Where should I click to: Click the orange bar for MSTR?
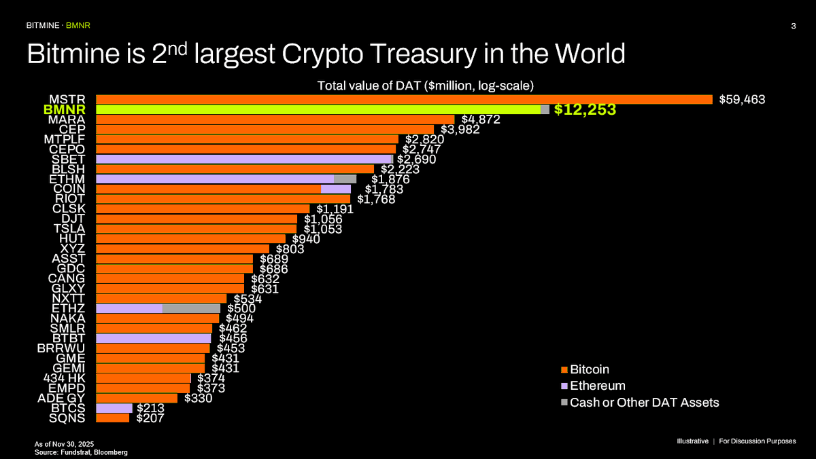pos(404,99)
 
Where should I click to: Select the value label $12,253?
pos(585,109)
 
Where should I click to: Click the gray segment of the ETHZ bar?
pos(191,308)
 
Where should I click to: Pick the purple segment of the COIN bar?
pos(335,189)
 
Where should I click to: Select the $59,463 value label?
pos(743,99)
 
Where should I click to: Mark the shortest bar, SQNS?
pos(112,418)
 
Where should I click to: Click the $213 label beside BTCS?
pos(150,408)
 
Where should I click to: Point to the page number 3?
pos(794,26)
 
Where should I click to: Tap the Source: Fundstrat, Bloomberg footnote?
pos(82,452)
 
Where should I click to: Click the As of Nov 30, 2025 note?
pos(65,443)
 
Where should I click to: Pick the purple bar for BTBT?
pos(153,337)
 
